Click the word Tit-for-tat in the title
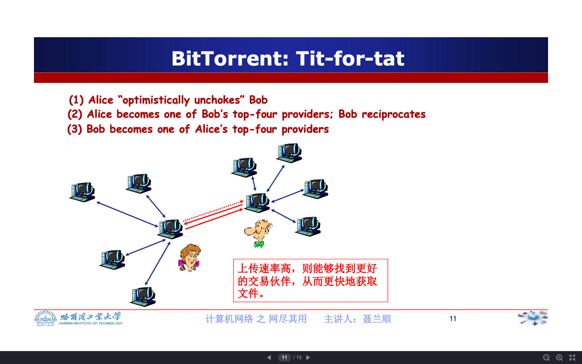point(350,58)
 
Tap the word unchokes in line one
point(217,100)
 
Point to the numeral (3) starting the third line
point(74,129)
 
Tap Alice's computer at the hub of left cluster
point(170,229)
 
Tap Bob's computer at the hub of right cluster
point(257,203)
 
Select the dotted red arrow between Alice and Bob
point(213,211)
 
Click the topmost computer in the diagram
point(289,153)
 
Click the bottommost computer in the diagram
point(143,297)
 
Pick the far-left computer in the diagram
point(82,192)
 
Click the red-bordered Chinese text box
point(310,281)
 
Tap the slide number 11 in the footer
point(453,319)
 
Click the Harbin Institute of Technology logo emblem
point(45,319)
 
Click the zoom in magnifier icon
point(559,358)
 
